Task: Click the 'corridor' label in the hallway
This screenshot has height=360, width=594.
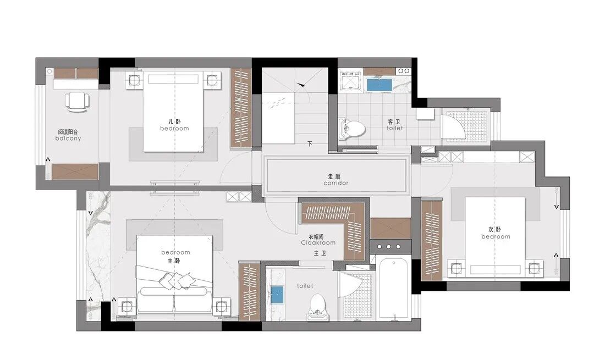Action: pyautogui.click(x=335, y=183)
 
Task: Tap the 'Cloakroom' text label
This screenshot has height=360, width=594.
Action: pyautogui.click(x=318, y=242)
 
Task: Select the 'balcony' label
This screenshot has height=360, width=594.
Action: pyautogui.click(x=68, y=139)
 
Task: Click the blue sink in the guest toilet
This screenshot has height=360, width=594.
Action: pyautogui.click(x=379, y=85)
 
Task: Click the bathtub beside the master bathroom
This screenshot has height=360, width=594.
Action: pyautogui.click(x=394, y=287)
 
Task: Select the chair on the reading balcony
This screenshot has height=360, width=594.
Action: pyautogui.click(x=78, y=102)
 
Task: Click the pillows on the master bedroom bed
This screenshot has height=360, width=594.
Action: pyautogui.click(x=175, y=281)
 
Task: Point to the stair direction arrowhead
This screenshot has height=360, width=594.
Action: pyautogui.click(x=301, y=85)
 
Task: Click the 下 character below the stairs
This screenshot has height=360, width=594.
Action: pyautogui.click(x=310, y=144)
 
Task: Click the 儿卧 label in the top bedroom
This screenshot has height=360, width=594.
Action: pyautogui.click(x=174, y=121)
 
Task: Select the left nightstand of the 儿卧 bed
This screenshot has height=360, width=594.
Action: pyautogui.click(x=135, y=80)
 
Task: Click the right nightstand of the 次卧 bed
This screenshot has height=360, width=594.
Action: pyautogui.click(x=534, y=268)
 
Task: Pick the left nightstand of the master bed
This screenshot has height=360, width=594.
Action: pyautogui.click(x=127, y=306)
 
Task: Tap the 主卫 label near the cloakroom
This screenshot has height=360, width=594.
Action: pyautogui.click(x=320, y=253)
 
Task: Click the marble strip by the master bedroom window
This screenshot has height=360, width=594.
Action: pyautogui.click(x=98, y=256)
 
